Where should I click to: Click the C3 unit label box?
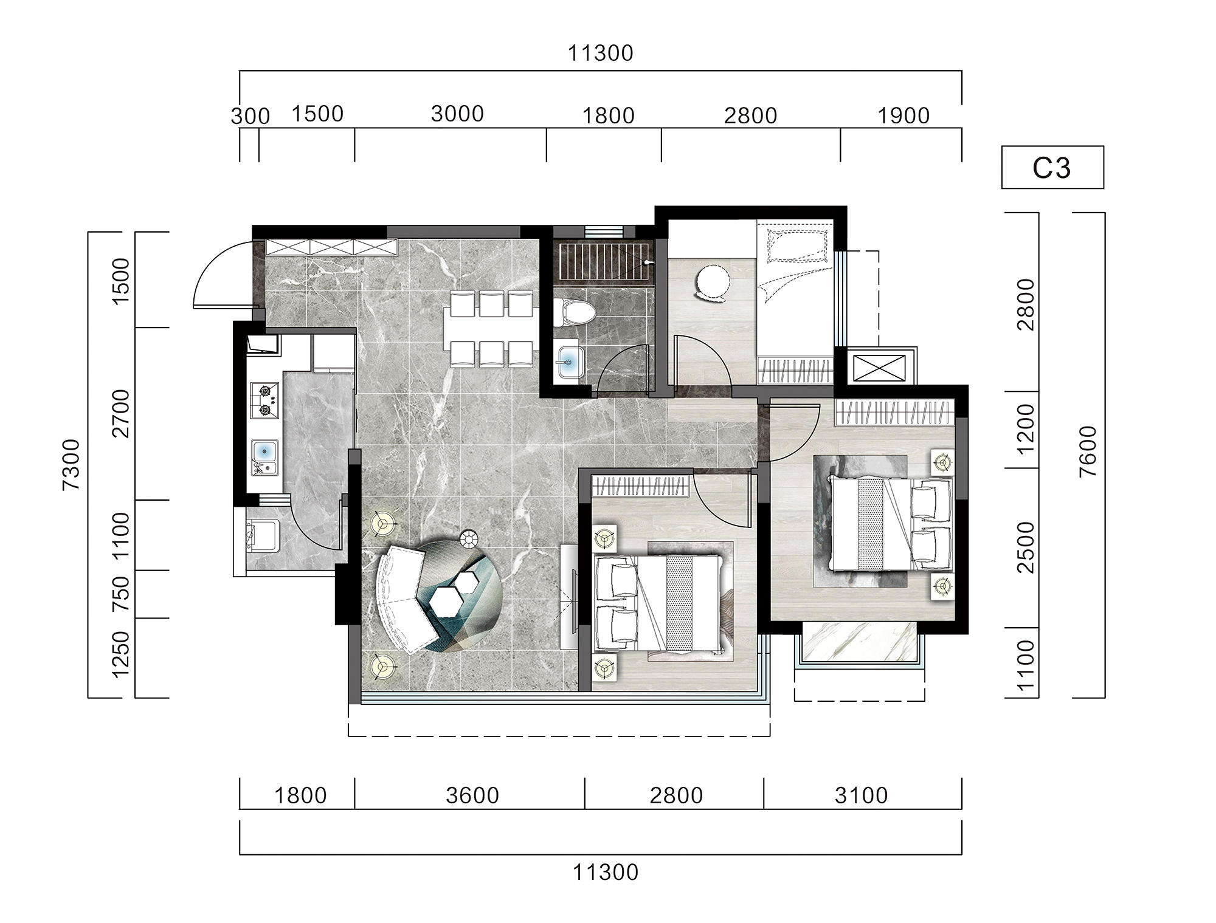pyautogui.click(x=1052, y=167)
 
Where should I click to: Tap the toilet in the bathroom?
pyautogui.click(x=574, y=312)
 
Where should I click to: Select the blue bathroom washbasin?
pyautogui.click(x=569, y=363)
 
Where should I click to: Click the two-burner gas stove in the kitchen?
pyautogui.click(x=265, y=401)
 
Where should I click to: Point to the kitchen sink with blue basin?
pyautogui.click(x=265, y=458)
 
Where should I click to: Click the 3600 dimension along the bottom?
pyautogui.click(x=472, y=795)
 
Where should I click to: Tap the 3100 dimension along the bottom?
pyautogui.click(x=861, y=795)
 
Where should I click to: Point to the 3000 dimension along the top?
pyautogui.click(x=457, y=114)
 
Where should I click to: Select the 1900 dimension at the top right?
pyautogui.click(x=903, y=115)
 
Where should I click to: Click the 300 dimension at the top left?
pyautogui.click(x=250, y=116)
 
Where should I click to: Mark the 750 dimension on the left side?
pyautogui.click(x=122, y=594)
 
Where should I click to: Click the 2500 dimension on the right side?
pyautogui.click(x=1026, y=546)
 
